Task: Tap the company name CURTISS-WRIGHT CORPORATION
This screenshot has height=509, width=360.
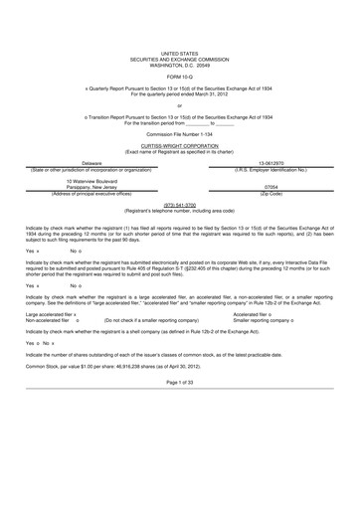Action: (x=179, y=143)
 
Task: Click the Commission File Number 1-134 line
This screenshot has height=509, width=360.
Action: (x=179, y=132)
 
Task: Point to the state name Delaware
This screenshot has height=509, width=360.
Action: (x=91, y=162)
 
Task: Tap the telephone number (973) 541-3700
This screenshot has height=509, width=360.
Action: (x=179, y=206)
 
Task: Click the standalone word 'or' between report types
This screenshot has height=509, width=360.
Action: (x=179, y=105)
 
